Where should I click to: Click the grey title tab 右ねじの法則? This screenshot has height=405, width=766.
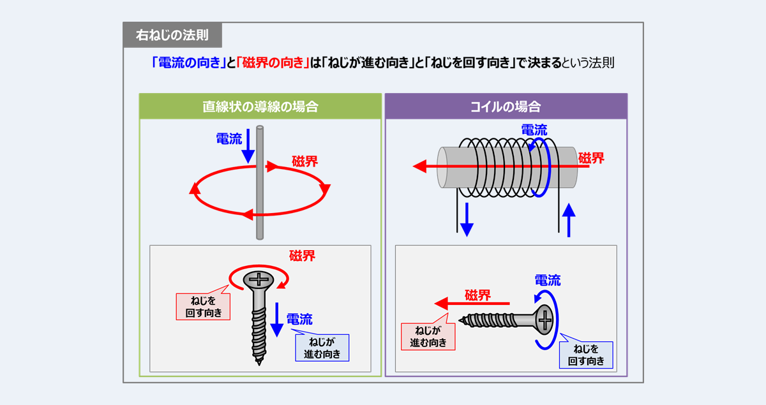coord(172,35)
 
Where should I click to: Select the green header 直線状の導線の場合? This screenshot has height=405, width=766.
coord(260,107)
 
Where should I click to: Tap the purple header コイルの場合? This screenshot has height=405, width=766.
coord(506,107)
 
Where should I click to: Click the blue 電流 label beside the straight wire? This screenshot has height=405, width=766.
coord(229,139)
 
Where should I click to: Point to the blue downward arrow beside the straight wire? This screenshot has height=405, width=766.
coord(248,146)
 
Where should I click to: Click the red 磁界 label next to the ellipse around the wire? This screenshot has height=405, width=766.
coord(304,161)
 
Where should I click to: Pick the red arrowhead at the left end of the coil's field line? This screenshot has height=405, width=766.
coord(419,166)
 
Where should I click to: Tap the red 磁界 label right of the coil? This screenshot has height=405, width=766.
coord(591,158)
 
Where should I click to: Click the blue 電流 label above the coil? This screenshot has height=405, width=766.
coord(534,130)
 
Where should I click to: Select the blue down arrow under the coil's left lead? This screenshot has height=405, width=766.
coord(467,219)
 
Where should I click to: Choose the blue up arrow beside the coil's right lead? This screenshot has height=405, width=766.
coord(569,220)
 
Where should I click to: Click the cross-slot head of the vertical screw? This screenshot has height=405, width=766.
coord(259,280)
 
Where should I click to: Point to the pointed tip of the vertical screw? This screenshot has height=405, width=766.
coord(259,364)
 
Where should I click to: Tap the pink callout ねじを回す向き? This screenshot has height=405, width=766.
coord(203,307)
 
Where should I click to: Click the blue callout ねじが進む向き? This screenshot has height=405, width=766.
coord(322,348)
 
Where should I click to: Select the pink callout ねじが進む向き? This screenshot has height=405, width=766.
coord(428,336)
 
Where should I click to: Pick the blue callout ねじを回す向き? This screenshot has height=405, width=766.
coord(586,355)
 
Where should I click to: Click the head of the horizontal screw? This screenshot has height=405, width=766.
coord(543,320)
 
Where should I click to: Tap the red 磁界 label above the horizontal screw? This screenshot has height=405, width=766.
coord(477,295)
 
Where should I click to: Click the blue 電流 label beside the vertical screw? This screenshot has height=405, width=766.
coord(299,320)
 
